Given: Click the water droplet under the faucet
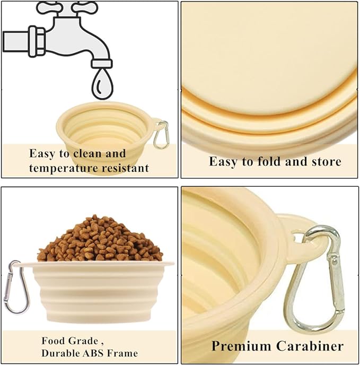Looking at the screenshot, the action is tap(102, 84).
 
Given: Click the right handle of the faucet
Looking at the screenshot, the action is tap(85, 7).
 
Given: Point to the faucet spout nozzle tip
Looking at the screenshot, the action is tap(102, 64).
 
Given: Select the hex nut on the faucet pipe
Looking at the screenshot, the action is tap(37, 41).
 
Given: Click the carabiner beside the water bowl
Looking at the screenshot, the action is tap(161, 135).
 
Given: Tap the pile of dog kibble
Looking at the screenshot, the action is tap(100, 239).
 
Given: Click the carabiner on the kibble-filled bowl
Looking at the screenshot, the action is tap(16, 287).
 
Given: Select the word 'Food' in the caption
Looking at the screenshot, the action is tap(52, 341).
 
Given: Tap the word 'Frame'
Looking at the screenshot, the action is tap(123, 353).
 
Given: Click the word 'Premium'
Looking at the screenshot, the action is tap(241, 346).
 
